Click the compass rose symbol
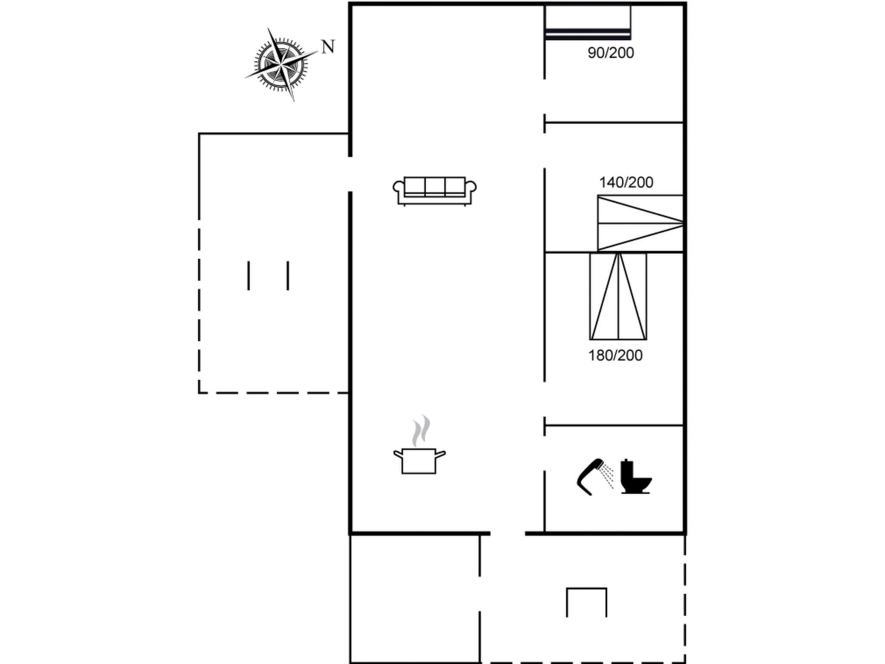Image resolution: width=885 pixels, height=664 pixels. point(281,65)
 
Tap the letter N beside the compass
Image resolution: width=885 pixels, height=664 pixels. point(328,46)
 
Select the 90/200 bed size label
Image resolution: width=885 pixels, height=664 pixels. point(610,53)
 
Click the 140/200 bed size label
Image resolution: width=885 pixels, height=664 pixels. point(626,182)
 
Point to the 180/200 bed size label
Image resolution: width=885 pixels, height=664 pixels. point(615,355)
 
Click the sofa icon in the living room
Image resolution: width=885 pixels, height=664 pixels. point(435,191)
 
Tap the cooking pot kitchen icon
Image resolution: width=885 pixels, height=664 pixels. point(419,460)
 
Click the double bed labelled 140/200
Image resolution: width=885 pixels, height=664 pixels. point(640,223)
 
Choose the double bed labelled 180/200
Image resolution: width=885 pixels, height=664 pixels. point(618,297)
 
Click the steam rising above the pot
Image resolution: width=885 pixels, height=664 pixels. point(421,431)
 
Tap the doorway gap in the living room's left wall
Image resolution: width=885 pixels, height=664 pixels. point(350,174)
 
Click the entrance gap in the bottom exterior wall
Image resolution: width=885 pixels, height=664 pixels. point(507,533)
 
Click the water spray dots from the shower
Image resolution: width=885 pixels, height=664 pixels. point(608,476)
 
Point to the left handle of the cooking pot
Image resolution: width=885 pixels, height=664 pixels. point(398,454)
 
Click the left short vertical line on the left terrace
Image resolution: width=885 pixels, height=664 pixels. point(248,275)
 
